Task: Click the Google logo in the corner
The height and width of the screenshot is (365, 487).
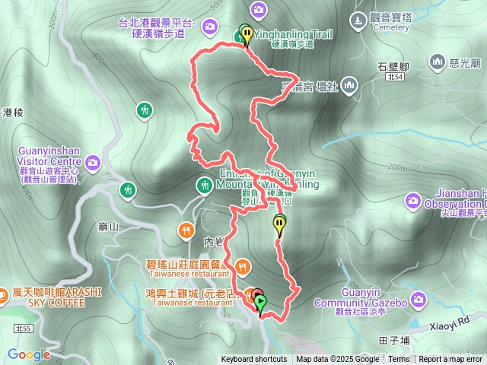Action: pos(29,354)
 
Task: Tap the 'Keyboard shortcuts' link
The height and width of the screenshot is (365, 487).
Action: pos(254,360)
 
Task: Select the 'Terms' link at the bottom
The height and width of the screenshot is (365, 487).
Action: pos(399,360)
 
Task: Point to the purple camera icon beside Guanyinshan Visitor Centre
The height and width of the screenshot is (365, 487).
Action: pos(93,162)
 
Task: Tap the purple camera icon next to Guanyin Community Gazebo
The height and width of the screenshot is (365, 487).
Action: pos(418,301)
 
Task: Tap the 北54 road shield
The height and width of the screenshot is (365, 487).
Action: pos(393,77)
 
